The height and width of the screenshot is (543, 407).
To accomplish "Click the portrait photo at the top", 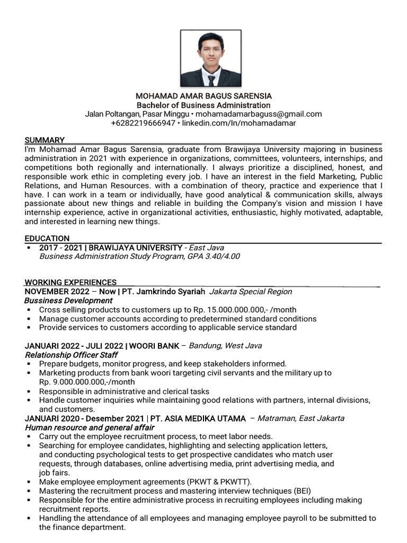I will pyautogui.click(x=211, y=58).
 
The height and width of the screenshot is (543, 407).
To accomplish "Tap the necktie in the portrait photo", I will pyautogui.click(x=211, y=80).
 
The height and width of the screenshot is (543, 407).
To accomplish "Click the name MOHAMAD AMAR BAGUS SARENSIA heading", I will pyautogui.click(x=203, y=96).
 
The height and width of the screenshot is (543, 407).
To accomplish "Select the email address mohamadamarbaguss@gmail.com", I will pyautogui.click(x=258, y=114).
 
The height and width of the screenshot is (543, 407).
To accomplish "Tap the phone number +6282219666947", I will pyautogui.click(x=143, y=123).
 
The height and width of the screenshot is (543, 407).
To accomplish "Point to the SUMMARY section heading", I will pyautogui.click(x=45, y=140).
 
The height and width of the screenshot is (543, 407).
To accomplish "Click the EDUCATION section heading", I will pyautogui.click(x=47, y=239).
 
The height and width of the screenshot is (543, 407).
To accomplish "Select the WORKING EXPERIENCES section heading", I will pyautogui.click(x=70, y=282).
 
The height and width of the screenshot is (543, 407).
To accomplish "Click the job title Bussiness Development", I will pyautogui.click(x=68, y=301).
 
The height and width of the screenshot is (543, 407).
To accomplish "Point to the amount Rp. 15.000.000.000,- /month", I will pyautogui.click(x=236, y=310).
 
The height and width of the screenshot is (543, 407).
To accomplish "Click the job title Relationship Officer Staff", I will pyautogui.click(x=71, y=355).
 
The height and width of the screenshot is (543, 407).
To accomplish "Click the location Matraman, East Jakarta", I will pyautogui.click(x=300, y=418).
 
